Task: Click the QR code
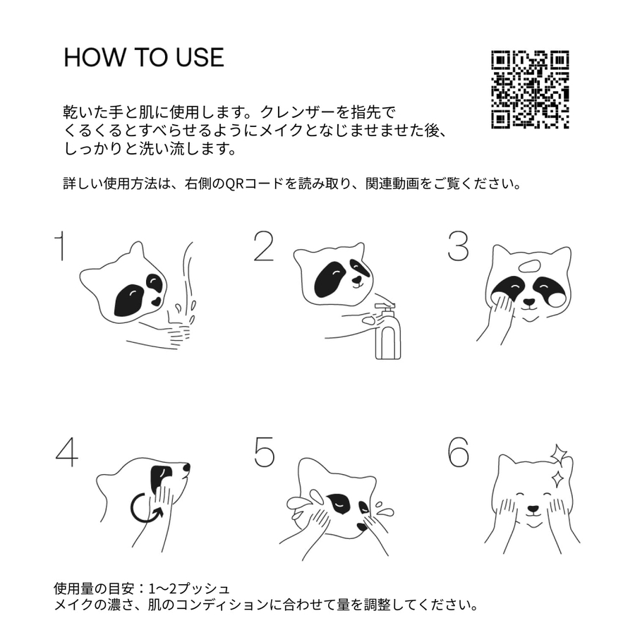coord(530,90)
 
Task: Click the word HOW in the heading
coord(95,57)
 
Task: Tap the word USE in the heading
coord(200,57)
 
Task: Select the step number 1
coord(60,246)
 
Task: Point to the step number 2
coord(263,246)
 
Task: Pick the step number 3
coord(458,246)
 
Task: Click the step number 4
coord(67,452)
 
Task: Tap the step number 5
coord(264,452)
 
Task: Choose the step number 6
coord(459,452)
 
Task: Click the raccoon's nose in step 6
coord(533,509)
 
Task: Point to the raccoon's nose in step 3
coord(529,302)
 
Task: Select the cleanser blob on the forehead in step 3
coord(530,267)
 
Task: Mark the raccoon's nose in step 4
coord(186,468)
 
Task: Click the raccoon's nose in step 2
coord(357,280)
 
